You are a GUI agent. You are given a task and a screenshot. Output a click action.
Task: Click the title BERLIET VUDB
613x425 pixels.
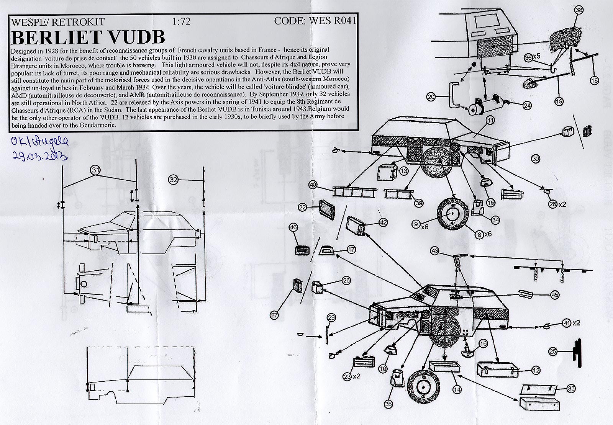(89, 37)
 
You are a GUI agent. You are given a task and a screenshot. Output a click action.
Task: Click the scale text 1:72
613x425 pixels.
(182, 21)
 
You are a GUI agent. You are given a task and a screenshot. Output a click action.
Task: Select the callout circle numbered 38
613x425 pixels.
(579, 11)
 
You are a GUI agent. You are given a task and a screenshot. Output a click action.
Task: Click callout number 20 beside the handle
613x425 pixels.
(431, 97)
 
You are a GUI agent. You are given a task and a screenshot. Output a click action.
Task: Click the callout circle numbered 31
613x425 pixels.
(96, 170)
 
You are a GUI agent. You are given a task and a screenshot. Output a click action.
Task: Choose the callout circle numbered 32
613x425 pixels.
(174, 178)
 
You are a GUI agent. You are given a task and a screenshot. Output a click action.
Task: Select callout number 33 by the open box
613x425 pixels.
(571, 389)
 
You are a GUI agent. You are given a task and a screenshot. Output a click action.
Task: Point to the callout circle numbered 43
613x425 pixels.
(434, 251)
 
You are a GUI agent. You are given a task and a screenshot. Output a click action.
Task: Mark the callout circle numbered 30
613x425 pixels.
(535, 158)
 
